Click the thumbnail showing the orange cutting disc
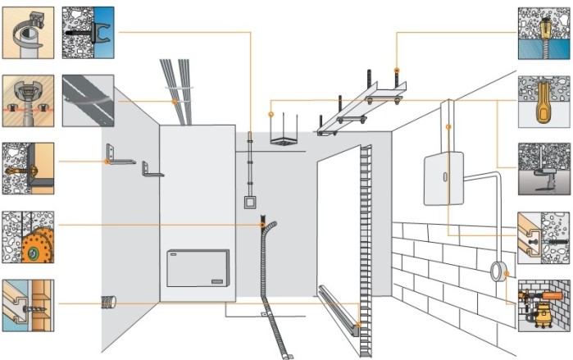[x=28, y=238]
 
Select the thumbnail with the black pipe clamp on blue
[x=89, y=32]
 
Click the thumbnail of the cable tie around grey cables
[x=89, y=100]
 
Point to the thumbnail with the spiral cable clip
[x=28, y=32]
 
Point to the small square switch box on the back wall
[x=249, y=201]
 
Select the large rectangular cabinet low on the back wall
[x=198, y=268]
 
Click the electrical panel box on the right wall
[x=443, y=179]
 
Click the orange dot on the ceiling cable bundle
[x=176, y=101]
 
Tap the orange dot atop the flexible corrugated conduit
[x=262, y=225]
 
